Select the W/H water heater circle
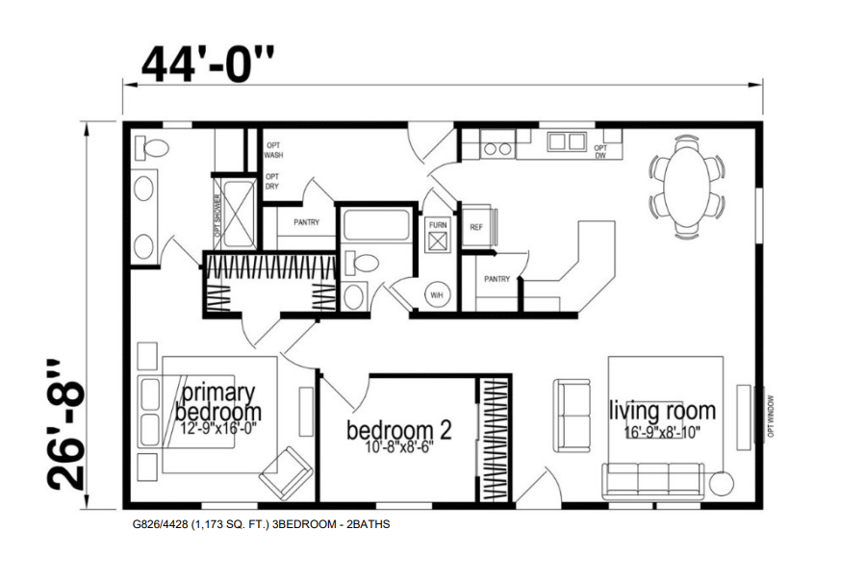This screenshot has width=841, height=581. click(x=436, y=294)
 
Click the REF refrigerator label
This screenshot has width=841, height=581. click(x=475, y=228)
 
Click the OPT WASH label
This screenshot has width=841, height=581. click(x=273, y=150)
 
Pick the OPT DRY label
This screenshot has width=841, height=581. click(x=272, y=181)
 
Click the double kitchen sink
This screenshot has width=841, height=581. click(x=566, y=142)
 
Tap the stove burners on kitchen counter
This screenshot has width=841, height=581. click(x=497, y=149)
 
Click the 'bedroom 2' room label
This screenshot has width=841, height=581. click(x=398, y=429)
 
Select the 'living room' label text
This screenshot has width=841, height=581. click(x=662, y=412)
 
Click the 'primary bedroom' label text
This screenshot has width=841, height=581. click(x=218, y=402)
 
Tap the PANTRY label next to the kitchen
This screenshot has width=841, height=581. click(x=497, y=279)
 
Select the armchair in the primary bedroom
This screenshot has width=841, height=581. click(x=286, y=471)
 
